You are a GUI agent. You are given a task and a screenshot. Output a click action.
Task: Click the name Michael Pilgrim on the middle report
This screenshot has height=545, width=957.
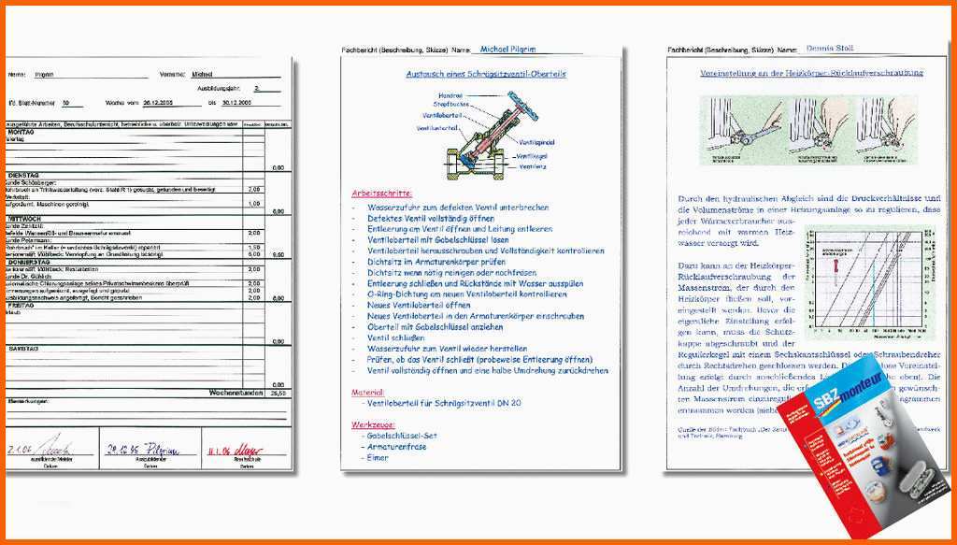pyautogui.click(x=507, y=50)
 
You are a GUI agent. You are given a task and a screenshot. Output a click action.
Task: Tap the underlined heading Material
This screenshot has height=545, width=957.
pyautogui.click(x=367, y=393)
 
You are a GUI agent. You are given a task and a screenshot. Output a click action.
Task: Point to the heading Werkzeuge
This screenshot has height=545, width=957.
pyautogui.click(x=371, y=424)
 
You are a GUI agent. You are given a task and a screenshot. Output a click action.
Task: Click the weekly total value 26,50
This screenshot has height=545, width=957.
pyautogui.click(x=277, y=394)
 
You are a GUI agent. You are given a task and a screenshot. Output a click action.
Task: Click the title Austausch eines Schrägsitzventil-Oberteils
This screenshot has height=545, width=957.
pyautogui.click(x=486, y=73)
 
